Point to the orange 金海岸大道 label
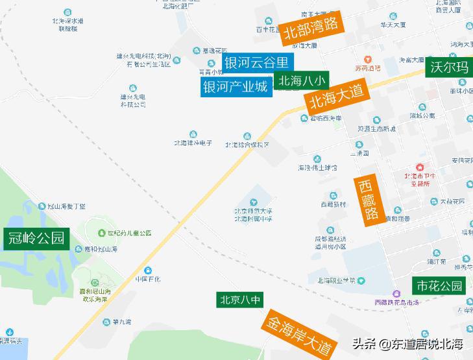point(299,334)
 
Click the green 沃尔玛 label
point(449,68)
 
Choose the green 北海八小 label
point(302,81)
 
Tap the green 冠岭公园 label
point(36,238)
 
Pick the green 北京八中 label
point(240,300)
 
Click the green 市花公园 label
point(440,285)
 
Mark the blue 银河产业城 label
point(235,86)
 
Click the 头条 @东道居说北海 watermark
point(407,344)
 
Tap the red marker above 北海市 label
point(420,167)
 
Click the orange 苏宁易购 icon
point(367,60)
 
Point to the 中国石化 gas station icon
point(148,270)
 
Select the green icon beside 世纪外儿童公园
point(101,233)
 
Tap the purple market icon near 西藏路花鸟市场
point(396,294)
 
